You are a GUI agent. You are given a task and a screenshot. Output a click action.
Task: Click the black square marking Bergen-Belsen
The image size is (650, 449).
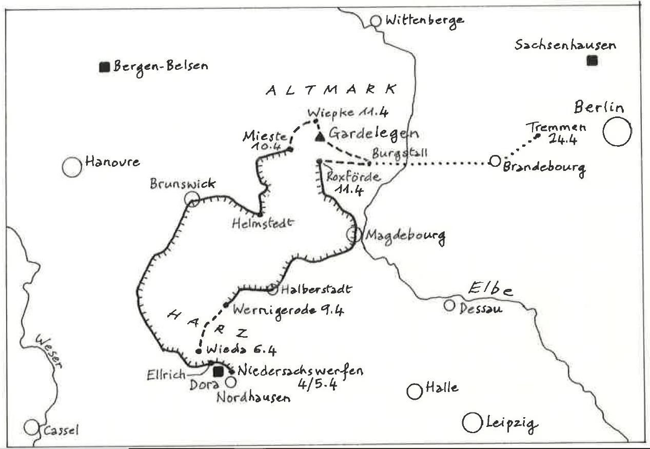point(105,67)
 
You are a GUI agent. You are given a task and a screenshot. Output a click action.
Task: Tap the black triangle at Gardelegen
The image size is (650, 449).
point(320,136)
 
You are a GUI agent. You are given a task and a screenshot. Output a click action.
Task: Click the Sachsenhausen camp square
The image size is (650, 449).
point(592,61)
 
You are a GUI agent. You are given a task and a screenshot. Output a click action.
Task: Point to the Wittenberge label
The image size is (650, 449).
point(424,21)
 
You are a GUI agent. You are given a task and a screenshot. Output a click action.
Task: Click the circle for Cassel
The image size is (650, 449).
point(31,427)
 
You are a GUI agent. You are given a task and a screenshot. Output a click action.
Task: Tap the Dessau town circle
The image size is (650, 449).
point(449,305)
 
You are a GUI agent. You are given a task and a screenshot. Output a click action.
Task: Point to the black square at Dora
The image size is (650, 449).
point(219,372)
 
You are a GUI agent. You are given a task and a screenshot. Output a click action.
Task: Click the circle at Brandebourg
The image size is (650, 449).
point(495,161)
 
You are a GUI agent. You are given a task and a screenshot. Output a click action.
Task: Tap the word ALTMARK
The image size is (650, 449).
point(331,89)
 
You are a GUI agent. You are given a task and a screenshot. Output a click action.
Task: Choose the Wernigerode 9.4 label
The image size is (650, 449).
point(287,310)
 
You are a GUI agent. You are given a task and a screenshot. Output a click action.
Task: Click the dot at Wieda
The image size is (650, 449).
point(199,352)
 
